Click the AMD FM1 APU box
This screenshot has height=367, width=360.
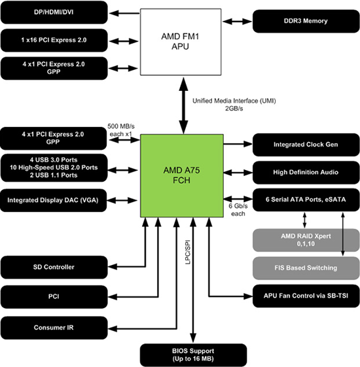[x=179, y=42]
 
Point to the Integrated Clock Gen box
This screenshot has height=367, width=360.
[x=300, y=143]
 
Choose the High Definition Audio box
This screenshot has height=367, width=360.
[x=300, y=171]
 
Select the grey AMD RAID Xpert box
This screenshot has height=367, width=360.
[x=300, y=238]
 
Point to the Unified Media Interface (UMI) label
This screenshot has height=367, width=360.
[x=224, y=105]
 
